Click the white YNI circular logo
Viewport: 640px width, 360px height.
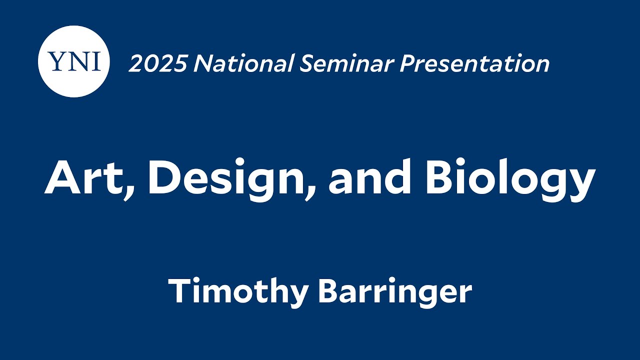73,61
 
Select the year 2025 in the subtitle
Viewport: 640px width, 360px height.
157,64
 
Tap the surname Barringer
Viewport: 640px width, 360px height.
395,292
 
